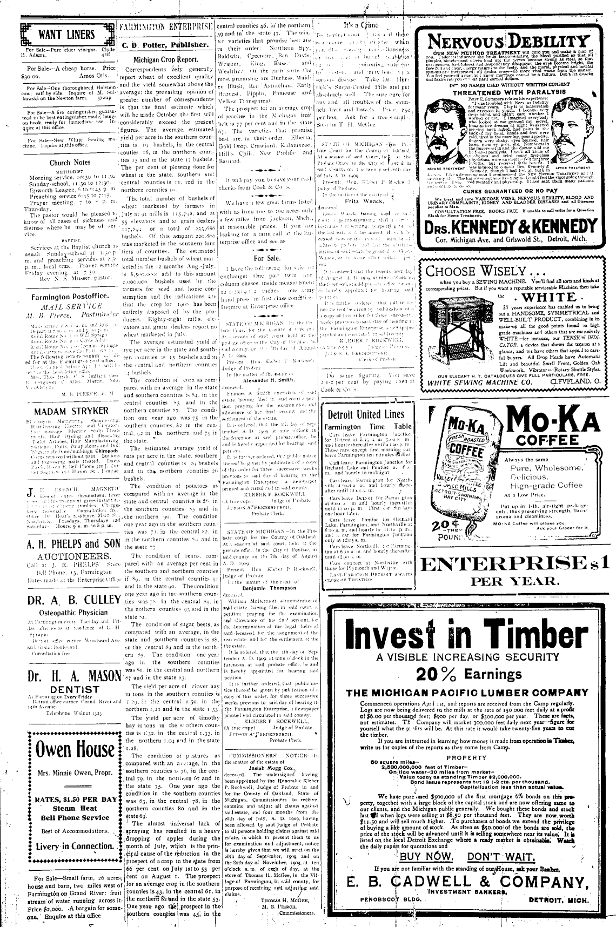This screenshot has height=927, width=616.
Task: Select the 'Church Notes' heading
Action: click(x=70, y=162)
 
